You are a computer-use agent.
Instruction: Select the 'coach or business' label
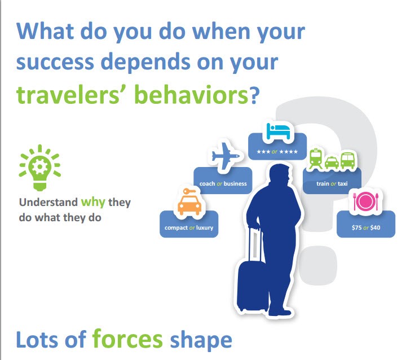(x=223, y=183)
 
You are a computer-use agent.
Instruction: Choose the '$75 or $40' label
(x=365, y=229)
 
